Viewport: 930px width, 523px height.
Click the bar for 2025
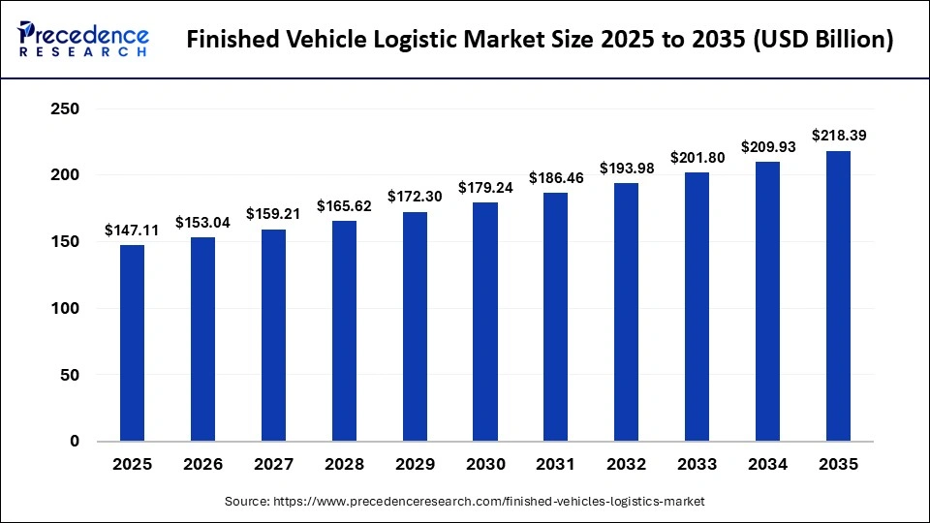[132, 343]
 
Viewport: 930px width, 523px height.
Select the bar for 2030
[485, 322]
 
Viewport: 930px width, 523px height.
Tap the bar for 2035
[838, 295]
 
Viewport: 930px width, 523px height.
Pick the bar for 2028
[344, 330]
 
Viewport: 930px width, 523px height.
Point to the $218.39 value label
[839, 137]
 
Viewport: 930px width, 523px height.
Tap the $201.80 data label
[697, 158]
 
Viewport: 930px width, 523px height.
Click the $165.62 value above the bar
[344, 206]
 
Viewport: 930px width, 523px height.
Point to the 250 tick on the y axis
[64, 109]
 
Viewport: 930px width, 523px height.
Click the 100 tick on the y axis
[64, 308]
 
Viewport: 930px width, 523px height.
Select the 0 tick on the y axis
[76, 442]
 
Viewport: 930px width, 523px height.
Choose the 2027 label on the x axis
[273, 465]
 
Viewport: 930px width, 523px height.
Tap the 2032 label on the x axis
[627, 465]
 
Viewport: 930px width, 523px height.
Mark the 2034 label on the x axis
[768, 465]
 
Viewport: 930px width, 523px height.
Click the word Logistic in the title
[418, 41]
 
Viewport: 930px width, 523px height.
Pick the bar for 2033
[697, 307]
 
